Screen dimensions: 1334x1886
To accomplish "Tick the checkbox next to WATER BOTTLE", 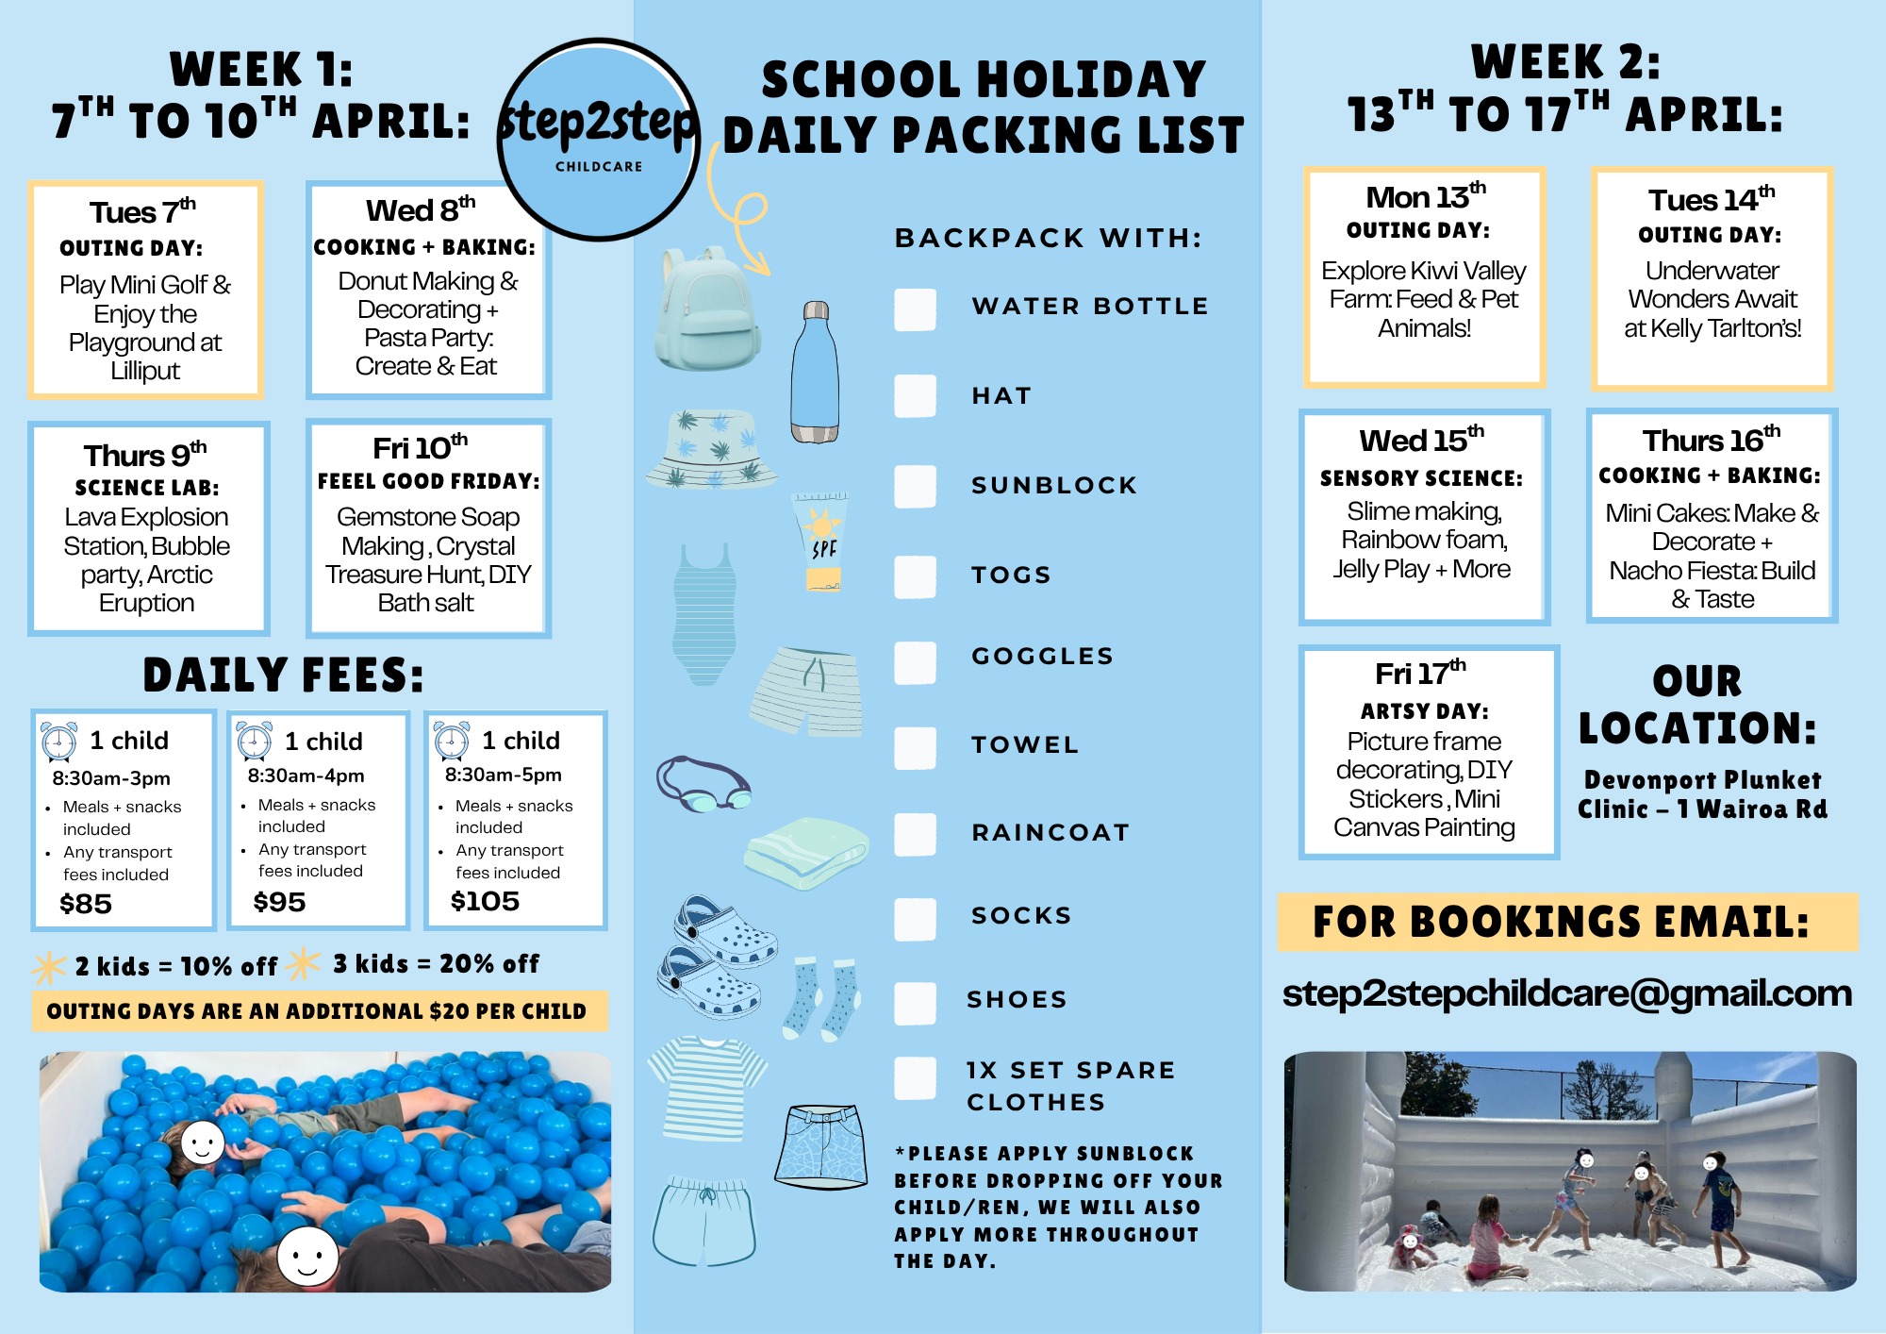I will [915, 309].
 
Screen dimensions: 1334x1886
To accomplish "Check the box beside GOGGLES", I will [915, 661].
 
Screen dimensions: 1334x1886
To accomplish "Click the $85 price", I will [86, 904].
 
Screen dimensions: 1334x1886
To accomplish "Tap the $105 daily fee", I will [485, 901].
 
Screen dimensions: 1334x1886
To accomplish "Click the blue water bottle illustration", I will [815, 374].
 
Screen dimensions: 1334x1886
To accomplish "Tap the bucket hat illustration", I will [713, 449].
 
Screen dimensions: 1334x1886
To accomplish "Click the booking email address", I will [1566, 993].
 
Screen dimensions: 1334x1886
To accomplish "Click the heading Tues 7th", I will [142, 212].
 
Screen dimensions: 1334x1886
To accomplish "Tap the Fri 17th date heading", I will [1420, 674].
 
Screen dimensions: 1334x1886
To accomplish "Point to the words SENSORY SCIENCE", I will [1421, 478].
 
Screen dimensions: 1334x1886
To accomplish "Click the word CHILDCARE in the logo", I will [599, 167].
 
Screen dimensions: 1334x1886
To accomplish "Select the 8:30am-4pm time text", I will [306, 775].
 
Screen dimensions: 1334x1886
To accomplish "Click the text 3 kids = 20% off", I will [436, 963].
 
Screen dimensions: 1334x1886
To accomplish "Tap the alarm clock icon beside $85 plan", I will [59, 742].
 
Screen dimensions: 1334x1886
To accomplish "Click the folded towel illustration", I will [806, 853].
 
